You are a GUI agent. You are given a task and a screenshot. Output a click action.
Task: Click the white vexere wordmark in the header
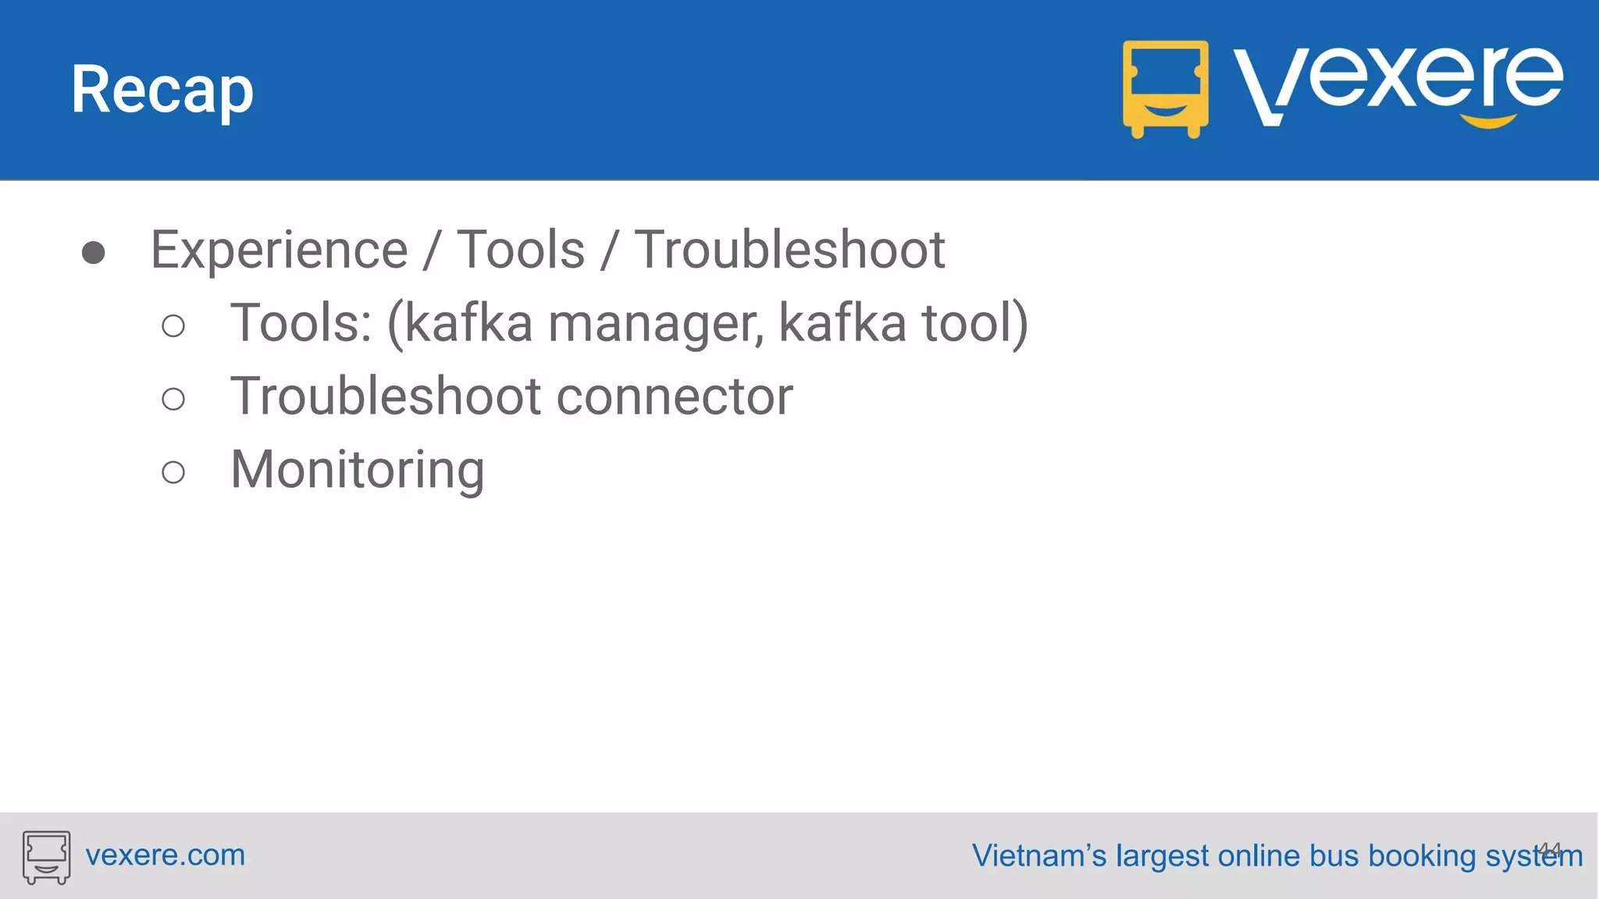pos(1398,82)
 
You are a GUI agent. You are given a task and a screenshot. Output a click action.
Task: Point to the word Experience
pos(279,251)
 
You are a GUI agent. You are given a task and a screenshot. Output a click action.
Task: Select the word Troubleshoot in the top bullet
pos(789,251)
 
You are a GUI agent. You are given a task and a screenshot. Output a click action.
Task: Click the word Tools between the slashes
pos(521,251)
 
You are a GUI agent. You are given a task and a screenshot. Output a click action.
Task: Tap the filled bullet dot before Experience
pos(94,253)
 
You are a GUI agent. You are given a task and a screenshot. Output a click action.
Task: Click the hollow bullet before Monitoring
pos(173,472)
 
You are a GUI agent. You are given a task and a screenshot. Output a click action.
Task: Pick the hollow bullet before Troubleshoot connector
pos(173,399)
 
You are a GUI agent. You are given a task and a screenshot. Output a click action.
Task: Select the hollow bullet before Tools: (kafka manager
pos(173,325)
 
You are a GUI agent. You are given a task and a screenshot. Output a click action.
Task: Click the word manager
pos(656,324)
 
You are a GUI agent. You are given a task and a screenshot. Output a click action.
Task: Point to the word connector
pos(675,397)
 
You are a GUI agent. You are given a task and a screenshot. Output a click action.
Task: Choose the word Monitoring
pos(358,471)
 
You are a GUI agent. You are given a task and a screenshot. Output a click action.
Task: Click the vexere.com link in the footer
pos(166,855)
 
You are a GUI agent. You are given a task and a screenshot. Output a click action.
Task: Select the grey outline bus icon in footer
pos(46,857)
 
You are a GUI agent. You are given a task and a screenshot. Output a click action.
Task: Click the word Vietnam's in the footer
pos(1038,856)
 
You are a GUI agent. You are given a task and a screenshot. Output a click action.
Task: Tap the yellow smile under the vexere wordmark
pos(1488,121)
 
